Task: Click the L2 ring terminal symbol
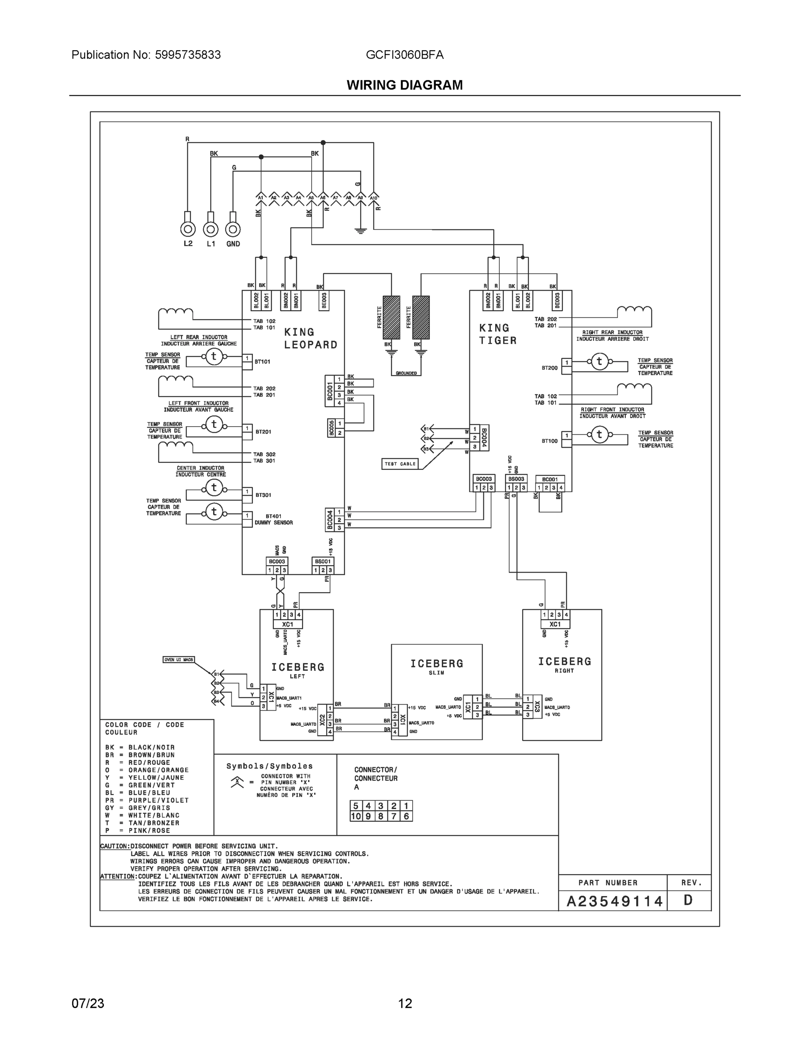pyautogui.click(x=188, y=229)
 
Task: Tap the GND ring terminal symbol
pyautogui.click(x=233, y=229)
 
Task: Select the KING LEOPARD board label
pyautogui.click(x=310, y=338)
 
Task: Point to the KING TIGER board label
pyautogui.click(x=498, y=334)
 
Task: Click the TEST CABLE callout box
pyautogui.click(x=400, y=463)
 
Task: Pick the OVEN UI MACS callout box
pyautogui.click(x=179, y=660)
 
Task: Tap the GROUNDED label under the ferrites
pyautogui.click(x=406, y=373)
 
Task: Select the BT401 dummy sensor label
pyautogui.click(x=273, y=519)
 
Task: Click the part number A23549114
pyautogui.click(x=614, y=901)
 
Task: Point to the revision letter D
pyautogui.click(x=688, y=900)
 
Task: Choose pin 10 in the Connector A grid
pyautogui.click(x=355, y=816)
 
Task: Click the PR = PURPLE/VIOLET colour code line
pyautogui.click(x=147, y=800)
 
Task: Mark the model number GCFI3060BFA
pyautogui.click(x=404, y=55)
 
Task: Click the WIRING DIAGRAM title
pyautogui.click(x=404, y=85)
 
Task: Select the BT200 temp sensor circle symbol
pyautogui.click(x=599, y=361)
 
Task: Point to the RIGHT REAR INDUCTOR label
pyautogui.click(x=612, y=332)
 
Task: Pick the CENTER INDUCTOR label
pyautogui.click(x=200, y=468)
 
